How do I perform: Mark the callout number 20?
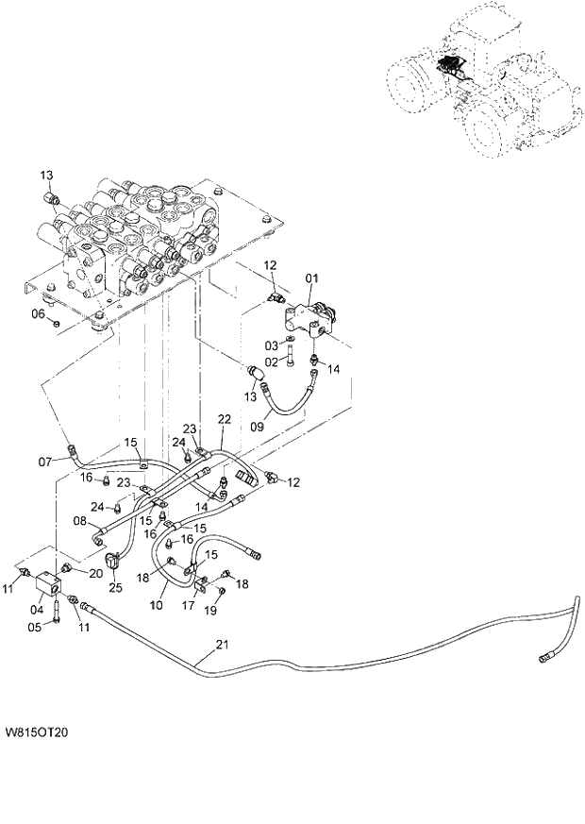coord(95,572)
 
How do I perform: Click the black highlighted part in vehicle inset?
coord(450,66)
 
